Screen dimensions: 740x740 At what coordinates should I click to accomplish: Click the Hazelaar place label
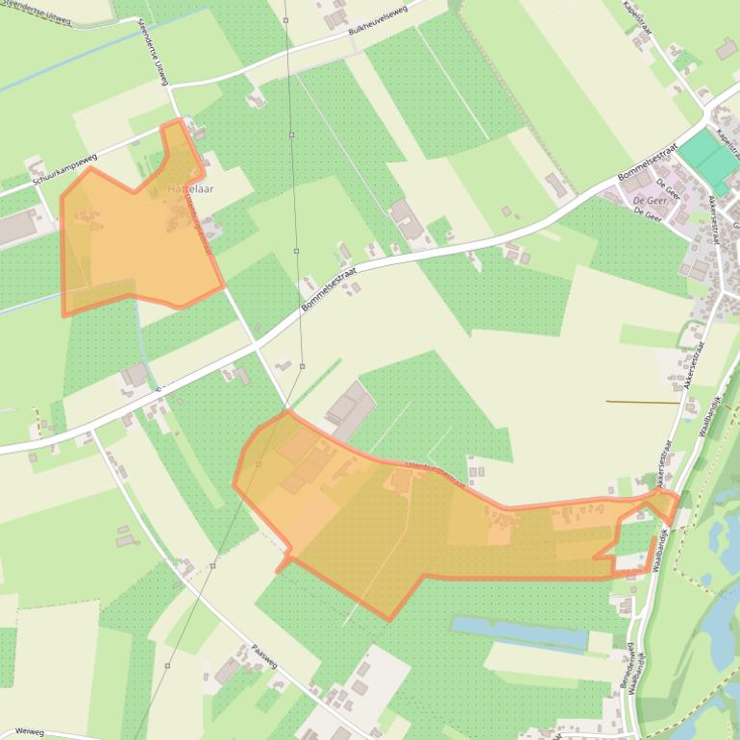coord(190,189)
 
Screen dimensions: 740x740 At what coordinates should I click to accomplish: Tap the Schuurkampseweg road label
coord(66,166)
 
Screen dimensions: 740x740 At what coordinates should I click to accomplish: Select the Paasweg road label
coord(264,656)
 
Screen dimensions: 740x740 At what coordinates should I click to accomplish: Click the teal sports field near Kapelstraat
coord(709,159)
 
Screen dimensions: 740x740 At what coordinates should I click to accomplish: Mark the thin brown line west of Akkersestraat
coord(644,402)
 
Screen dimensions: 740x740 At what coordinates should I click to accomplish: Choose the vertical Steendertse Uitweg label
coord(154,53)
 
